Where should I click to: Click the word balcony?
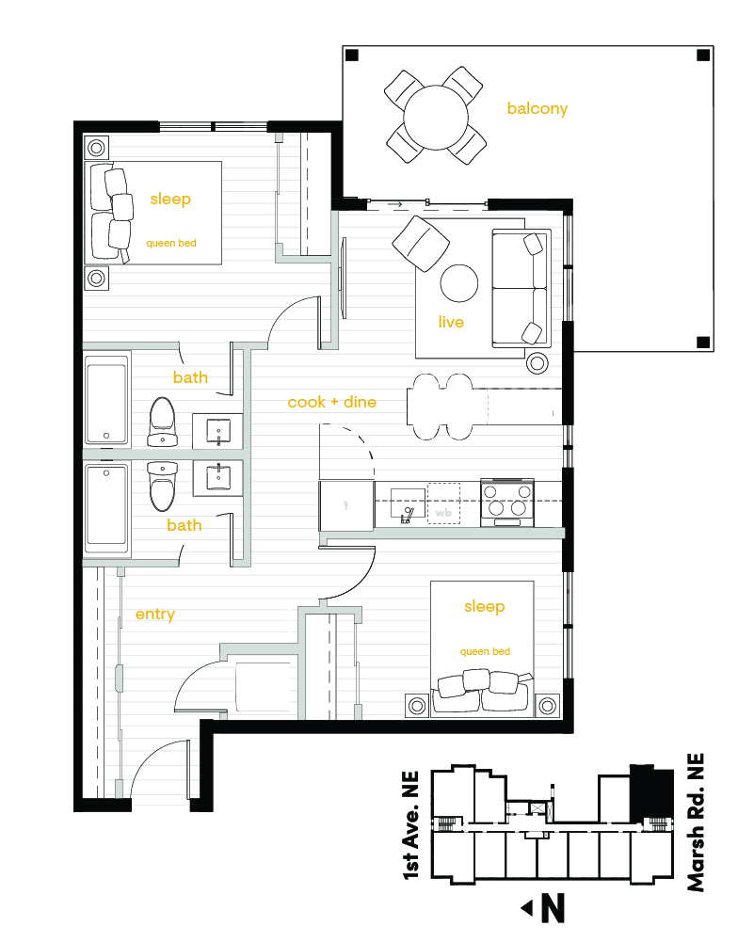(x=537, y=109)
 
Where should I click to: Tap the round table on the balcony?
(x=436, y=117)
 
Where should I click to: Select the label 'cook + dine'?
(x=331, y=402)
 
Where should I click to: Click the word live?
(x=451, y=322)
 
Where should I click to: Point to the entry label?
(x=155, y=614)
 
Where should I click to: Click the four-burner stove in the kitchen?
(x=507, y=503)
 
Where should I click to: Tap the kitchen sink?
(x=408, y=503)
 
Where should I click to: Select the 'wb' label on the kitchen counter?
(x=443, y=513)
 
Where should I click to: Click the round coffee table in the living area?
(x=459, y=283)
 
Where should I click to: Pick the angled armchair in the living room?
(x=421, y=244)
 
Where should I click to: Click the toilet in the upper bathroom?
(x=162, y=422)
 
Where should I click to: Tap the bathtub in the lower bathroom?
(x=106, y=509)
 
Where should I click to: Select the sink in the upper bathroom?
(x=217, y=431)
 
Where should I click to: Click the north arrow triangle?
(x=527, y=908)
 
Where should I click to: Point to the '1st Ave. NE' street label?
(x=411, y=826)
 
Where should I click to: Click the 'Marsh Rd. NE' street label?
(x=696, y=822)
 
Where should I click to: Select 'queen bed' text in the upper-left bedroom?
(x=171, y=244)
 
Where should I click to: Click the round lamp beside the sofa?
(x=537, y=363)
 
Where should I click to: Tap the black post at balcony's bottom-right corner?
(x=703, y=343)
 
